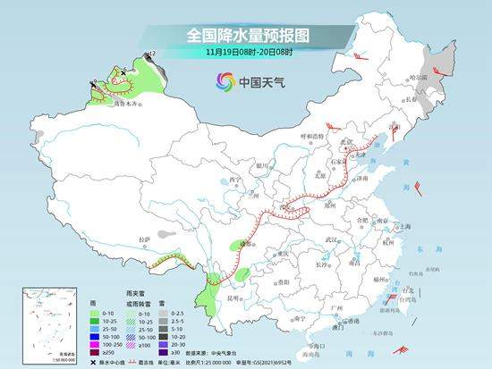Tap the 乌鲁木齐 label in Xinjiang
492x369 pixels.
[x=126, y=104]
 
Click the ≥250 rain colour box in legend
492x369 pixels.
[x=91, y=351]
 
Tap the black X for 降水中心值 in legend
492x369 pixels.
[x=94, y=361]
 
